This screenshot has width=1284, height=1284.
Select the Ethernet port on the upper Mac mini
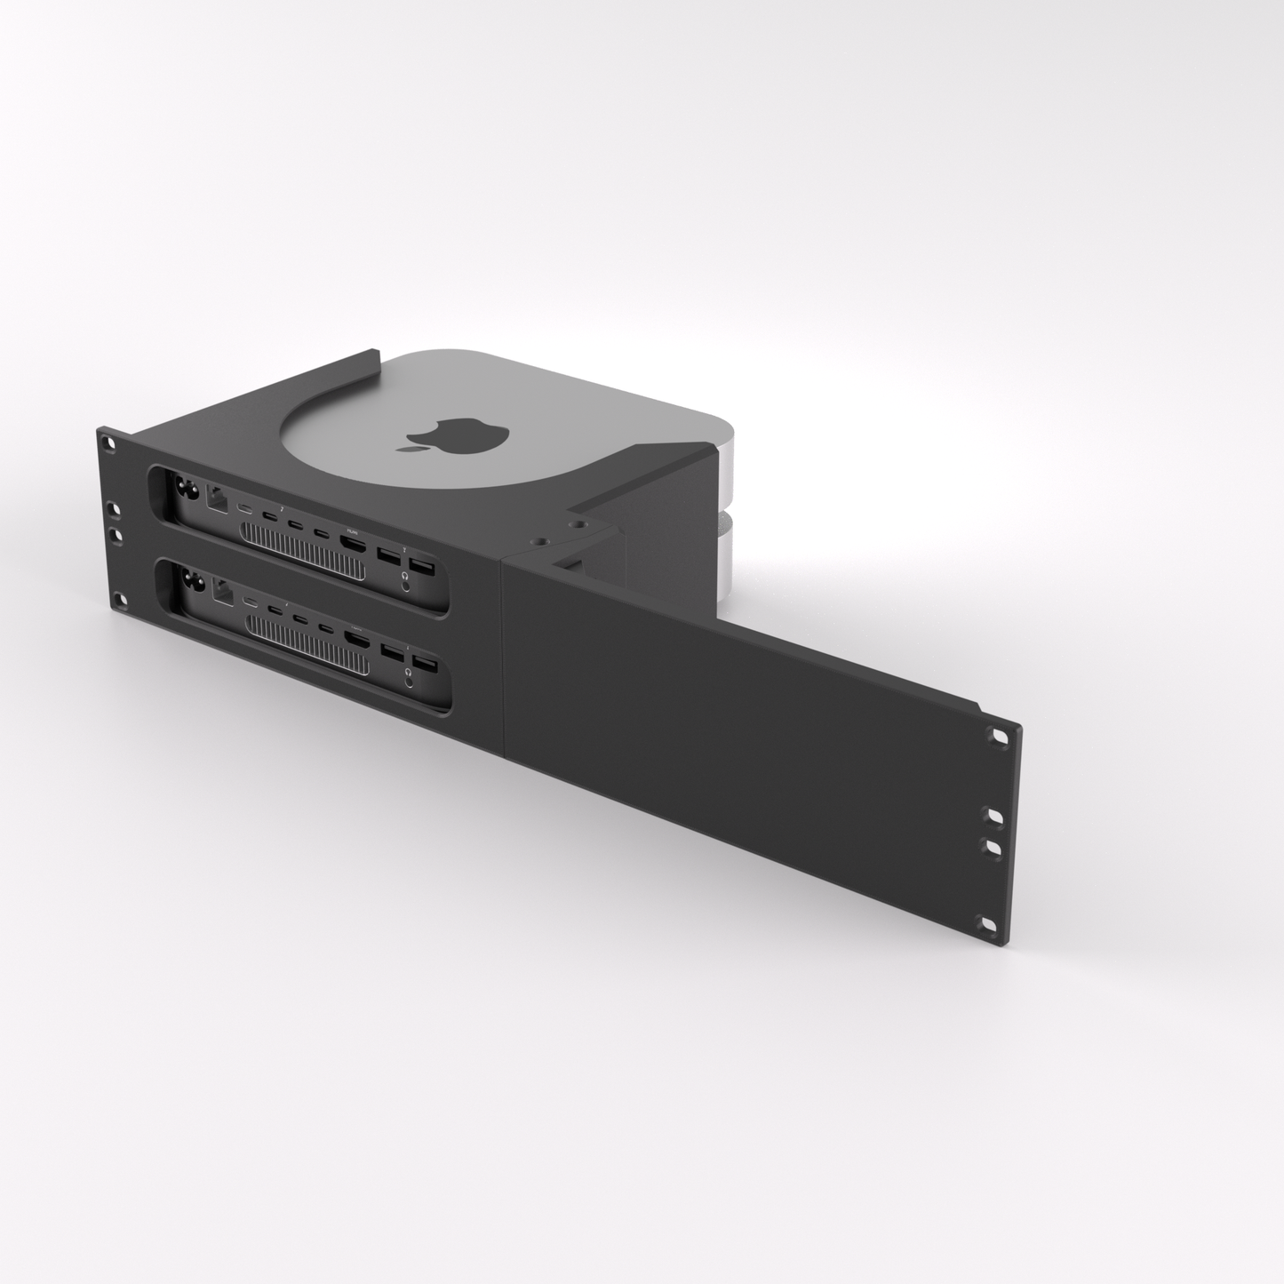tap(216, 498)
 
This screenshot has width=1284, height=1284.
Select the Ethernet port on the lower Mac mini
tap(221, 594)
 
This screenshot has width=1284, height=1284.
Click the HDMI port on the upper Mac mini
tap(354, 546)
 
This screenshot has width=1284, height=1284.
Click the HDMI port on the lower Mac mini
tap(358, 640)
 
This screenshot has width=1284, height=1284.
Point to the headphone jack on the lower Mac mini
tap(411, 681)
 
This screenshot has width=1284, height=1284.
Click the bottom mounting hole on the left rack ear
tap(117, 600)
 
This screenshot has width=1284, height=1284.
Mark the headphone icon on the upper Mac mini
tap(407, 577)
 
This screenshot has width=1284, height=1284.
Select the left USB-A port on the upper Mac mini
tap(387, 557)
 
